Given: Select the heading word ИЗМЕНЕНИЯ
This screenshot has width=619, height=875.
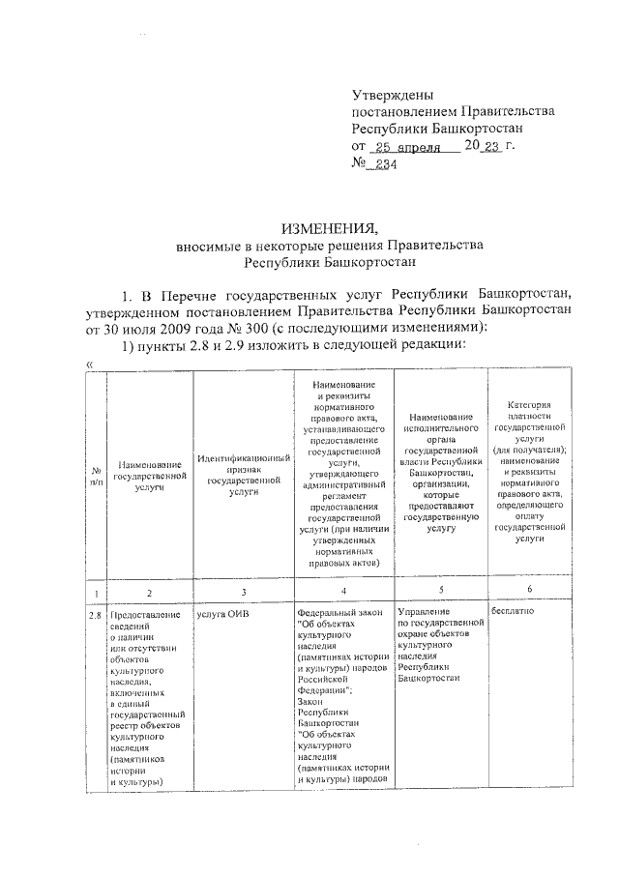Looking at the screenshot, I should pos(329,228).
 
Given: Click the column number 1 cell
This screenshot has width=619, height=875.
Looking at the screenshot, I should pos(96,591).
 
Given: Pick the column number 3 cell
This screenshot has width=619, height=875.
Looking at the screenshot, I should pos(243,591).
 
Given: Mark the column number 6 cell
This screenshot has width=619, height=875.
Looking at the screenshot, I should pos(528,589).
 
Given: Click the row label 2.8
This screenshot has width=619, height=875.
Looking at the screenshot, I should pos(96,614).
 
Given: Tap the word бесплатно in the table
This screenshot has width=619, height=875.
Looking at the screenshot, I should pos(514,612).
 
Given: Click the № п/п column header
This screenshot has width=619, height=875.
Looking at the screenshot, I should pos(96,475).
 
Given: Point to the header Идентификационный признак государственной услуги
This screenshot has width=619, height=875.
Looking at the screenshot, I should pos(243,474).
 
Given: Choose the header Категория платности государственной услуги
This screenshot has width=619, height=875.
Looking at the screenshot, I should pos(529,473).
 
